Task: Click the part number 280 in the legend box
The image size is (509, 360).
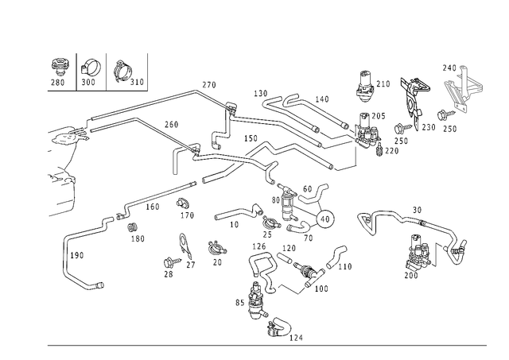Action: tap(58, 83)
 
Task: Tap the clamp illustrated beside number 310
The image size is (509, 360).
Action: tap(122, 71)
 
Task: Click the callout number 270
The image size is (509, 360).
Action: tap(209, 85)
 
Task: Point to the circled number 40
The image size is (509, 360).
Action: tap(325, 219)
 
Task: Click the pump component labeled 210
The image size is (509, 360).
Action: tap(364, 83)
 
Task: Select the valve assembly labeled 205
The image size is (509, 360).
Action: tap(367, 129)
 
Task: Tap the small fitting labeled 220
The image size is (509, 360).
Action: tap(379, 150)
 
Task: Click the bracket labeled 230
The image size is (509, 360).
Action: tap(414, 98)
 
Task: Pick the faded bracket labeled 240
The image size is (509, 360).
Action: tap(462, 89)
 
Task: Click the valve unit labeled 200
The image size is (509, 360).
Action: tap(419, 253)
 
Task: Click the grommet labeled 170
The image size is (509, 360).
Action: tap(184, 203)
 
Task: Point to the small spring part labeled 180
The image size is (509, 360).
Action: tap(132, 227)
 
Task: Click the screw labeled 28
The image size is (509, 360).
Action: tap(173, 261)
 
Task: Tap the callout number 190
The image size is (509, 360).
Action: tap(77, 256)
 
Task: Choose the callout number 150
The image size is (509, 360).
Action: tap(251, 138)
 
